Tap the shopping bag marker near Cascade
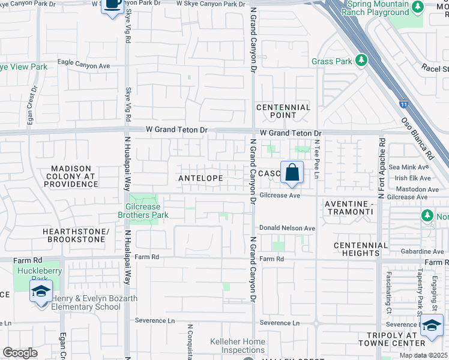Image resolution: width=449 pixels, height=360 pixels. [x=292, y=173]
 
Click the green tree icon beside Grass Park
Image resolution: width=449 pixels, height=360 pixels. [x=361, y=61]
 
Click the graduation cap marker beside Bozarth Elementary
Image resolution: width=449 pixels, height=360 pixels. [x=40, y=293]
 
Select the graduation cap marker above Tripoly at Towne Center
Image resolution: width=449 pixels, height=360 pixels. [x=432, y=326]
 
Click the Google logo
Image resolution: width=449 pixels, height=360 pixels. [x=20, y=353]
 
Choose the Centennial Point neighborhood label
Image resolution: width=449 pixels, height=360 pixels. [x=283, y=111]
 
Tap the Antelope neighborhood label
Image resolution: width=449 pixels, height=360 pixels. [x=200, y=178]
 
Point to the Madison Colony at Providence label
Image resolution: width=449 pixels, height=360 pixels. [x=70, y=177]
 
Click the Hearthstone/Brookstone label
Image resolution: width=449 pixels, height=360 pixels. [x=75, y=235]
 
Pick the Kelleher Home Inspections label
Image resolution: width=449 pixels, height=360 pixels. [x=238, y=346]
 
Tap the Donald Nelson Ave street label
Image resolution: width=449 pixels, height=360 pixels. [x=287, y=229]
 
